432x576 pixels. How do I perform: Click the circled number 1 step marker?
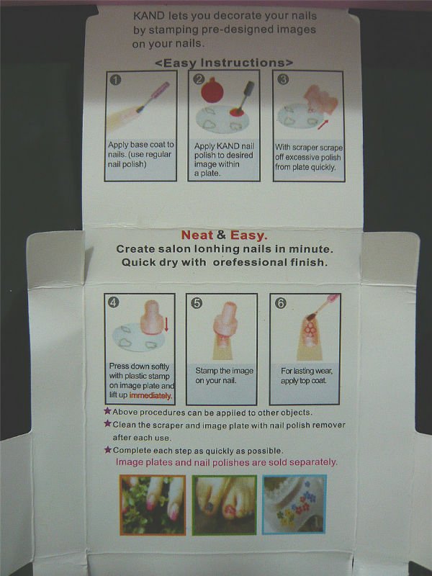point(115,80)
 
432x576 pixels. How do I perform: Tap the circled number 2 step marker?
point(199,79)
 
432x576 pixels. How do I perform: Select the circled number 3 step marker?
point(283,79)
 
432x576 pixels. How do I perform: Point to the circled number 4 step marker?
point(114,302)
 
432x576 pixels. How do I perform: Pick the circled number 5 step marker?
point(197,303)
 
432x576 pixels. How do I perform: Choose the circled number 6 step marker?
point(280,303)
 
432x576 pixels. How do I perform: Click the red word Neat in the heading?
point(197,235)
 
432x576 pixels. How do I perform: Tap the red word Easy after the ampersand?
point(248,235)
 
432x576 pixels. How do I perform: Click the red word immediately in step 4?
point(150,395)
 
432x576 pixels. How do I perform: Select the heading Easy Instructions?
point(224,63)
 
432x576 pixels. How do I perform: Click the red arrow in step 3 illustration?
point(323,124)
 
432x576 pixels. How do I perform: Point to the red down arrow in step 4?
point(166,325)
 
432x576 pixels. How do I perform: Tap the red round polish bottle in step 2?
point(212,91)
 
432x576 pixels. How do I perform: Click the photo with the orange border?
point(153,505)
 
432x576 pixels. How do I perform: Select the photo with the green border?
point(224,505)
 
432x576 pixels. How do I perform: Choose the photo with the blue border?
point(294,504)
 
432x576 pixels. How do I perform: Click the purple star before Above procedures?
point(107,410)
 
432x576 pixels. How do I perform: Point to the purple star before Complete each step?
point(107,449)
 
